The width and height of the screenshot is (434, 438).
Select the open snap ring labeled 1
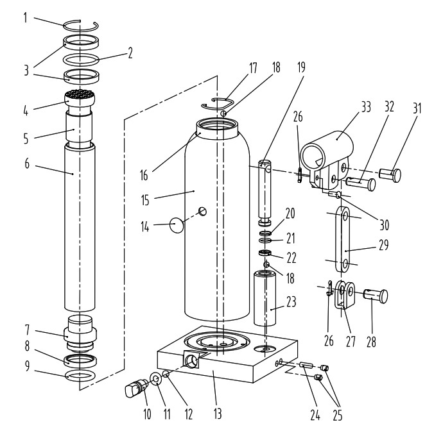tap(82, 26)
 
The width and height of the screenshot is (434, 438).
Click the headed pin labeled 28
tap(376, 296)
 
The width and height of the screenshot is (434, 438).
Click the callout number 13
tap(218, 413)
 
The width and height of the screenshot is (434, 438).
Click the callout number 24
tap(314, 413)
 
